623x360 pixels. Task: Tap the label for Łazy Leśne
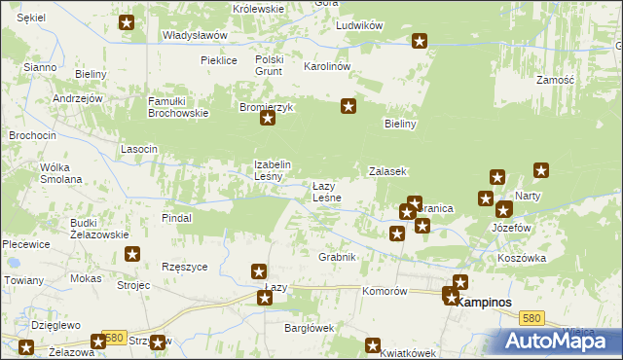326,192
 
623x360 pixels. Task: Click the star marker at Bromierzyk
268,120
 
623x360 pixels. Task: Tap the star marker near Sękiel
127,21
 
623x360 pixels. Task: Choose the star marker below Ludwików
420,41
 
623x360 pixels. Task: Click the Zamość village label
555,79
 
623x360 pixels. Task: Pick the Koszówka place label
522,258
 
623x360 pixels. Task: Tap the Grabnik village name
337,257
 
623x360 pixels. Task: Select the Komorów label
383,291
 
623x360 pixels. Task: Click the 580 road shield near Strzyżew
115,338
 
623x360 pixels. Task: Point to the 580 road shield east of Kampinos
531,318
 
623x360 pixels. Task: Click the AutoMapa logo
562,341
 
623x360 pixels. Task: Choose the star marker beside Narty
542,171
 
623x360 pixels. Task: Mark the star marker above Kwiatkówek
372,344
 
